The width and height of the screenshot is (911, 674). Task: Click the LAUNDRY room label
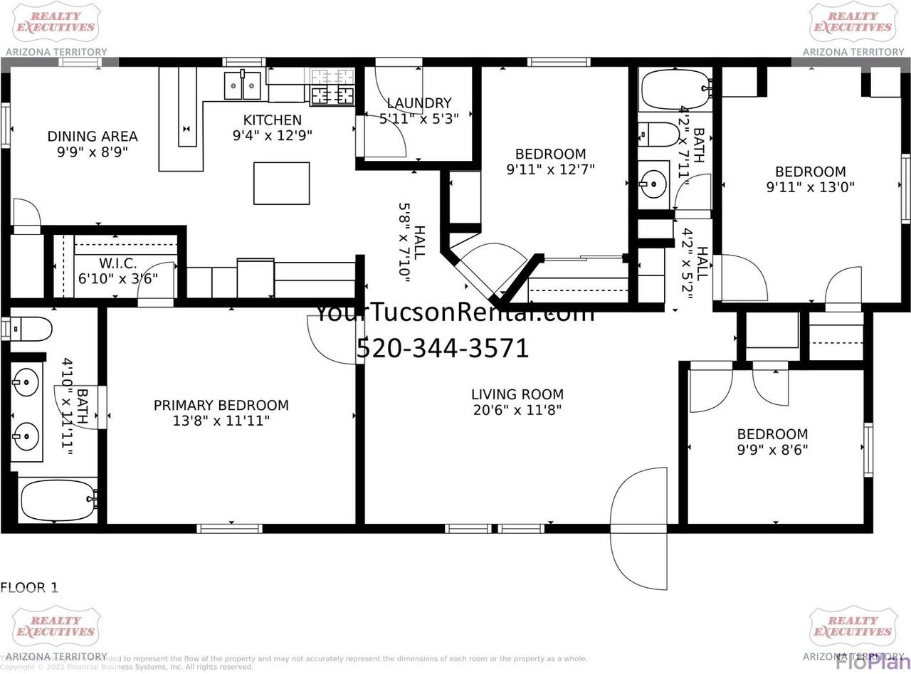pyautogui.click(x=418, y=103)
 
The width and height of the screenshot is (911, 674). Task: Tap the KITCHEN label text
pyautogui.click(x=272, y=120)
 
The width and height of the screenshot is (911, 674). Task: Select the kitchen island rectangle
pyautogui.click(x=281, y=183)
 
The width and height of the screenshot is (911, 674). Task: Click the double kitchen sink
pyautogui.click(x=243, y=85)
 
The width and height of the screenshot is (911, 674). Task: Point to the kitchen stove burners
pyautogui.click(x=332, y=95)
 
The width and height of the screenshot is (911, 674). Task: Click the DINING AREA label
pyautogui.click(x=93, y=137)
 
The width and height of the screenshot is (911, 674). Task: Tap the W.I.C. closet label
pyautogui.click(x=117, y=263)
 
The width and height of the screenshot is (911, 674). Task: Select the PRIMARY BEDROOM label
pyautogui.click(x=221, y=405)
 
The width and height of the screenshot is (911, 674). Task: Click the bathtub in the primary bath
pyautogui.click(x=58, y=500)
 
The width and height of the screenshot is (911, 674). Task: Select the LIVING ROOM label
pyautogui.click(x=517, y=394)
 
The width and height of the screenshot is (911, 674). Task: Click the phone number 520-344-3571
pyautogui.click(x=443, y=348)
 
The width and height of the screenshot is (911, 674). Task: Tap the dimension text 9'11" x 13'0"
pyautogui.click(x=810, y=187)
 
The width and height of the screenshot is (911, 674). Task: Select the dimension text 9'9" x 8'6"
pyautogui.click(x=772, y=450)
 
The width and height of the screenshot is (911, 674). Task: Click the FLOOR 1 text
pyautogui.click(x=29, y=588)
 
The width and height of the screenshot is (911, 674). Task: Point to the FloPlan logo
pyautogui.click(x=872, y=661)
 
